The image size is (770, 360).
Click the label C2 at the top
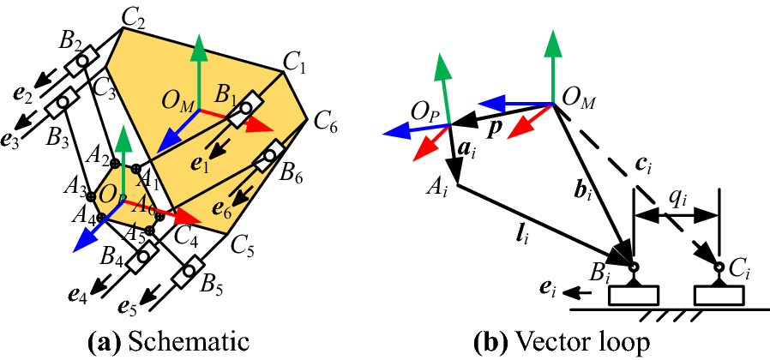click(134, 15)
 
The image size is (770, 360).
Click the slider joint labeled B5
click(185, 276)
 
